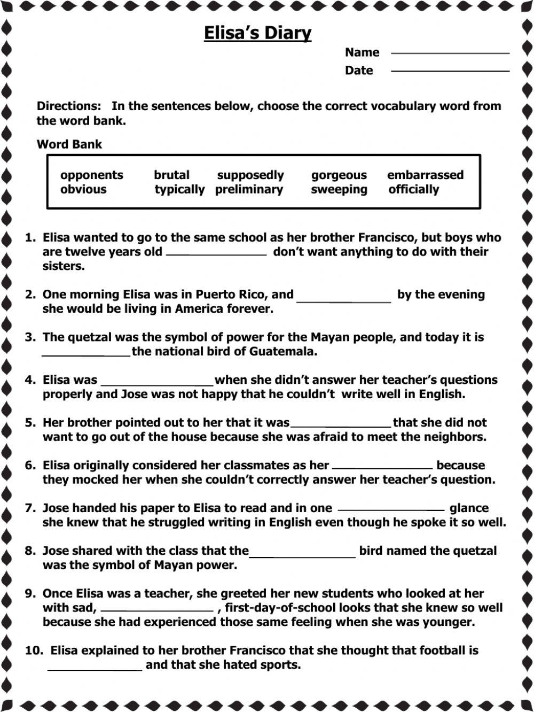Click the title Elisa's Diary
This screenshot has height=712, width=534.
[257, 33]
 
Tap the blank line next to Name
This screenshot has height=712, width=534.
[450, 52]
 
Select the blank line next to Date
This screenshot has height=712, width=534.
[450, 70]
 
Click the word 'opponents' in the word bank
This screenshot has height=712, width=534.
[91, 175]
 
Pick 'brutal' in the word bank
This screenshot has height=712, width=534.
[171, 175]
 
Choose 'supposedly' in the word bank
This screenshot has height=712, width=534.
[250, 175]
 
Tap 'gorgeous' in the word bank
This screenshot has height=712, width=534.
[339, 175]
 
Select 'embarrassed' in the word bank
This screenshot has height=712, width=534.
[425, 175]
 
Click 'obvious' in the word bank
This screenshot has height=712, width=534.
[83, 189]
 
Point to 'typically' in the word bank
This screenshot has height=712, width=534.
[179, 190]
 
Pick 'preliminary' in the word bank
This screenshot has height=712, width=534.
[249, 189]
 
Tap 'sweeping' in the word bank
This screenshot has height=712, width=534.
[339, 190]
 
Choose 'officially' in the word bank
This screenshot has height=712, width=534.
[413, 189]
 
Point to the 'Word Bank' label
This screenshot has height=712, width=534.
[69, 144]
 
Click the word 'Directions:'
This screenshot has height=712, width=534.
[68, 106]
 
